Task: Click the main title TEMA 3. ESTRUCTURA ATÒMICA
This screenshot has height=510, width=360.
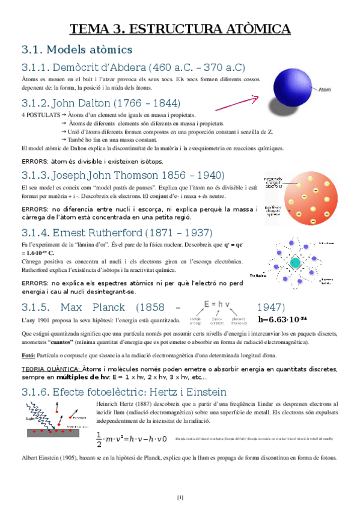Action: pos(180,29)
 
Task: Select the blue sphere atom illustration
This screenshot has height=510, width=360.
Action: pos(290,88)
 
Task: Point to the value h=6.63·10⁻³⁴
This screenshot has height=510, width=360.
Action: pos(282,319)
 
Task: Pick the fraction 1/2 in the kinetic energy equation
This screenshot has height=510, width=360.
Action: pos(99,439)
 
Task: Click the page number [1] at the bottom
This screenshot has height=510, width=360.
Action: pos(180,497)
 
